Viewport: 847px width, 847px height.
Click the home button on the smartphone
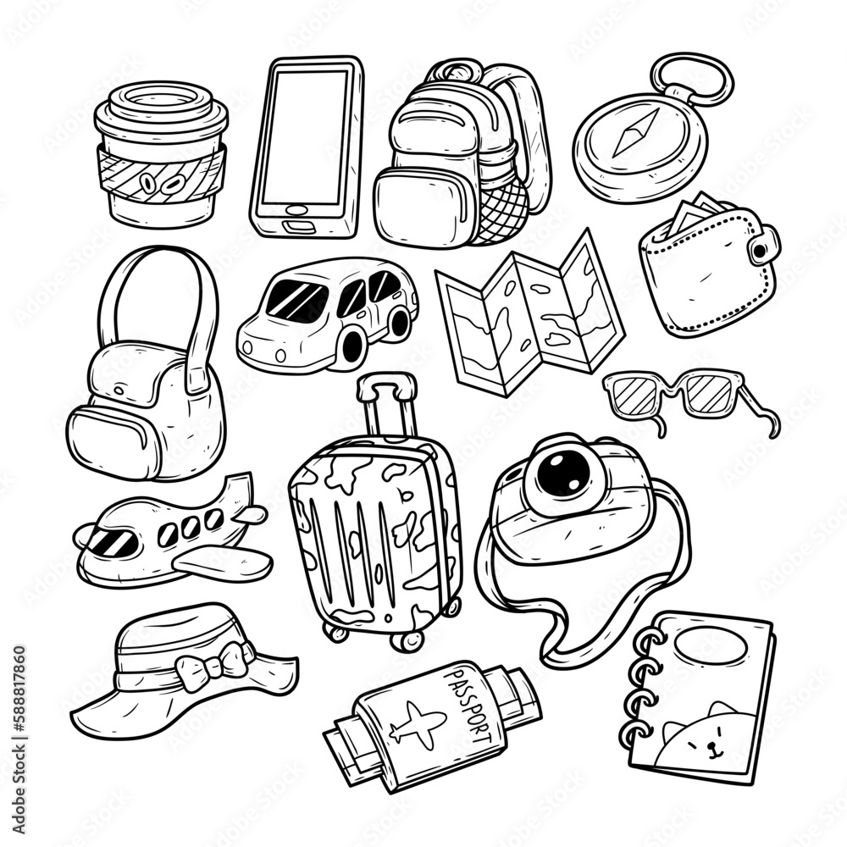294,210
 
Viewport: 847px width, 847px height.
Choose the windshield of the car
296,301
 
